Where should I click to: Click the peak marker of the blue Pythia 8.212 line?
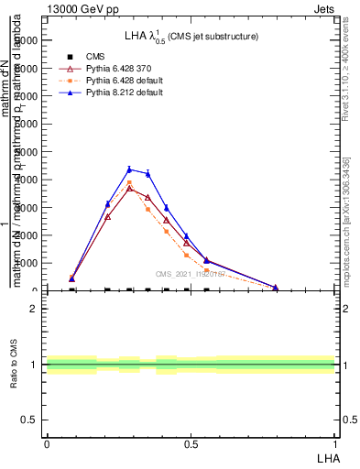pos(129,169)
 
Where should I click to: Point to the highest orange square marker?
pos(129,182)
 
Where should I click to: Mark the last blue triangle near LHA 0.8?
pos(276,287)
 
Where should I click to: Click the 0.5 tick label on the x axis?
pos(191,443)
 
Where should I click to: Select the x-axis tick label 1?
pos(335,443)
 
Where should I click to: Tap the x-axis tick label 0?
pos(47,443)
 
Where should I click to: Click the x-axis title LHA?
pos(325,457)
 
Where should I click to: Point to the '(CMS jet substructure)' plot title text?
pos(211,36)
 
